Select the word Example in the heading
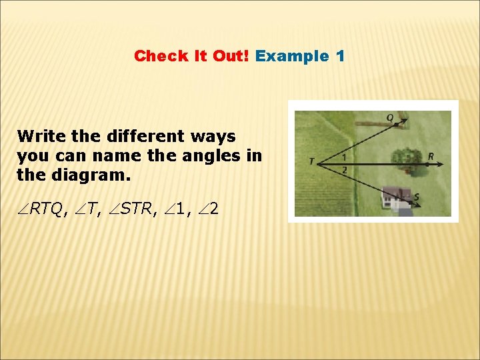pyautogui.click(x=291, y=56)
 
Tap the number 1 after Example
pyautogui.click(x=341, y=56)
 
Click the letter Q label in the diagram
pyautogui.click(x=390, y=117)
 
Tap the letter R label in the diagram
pyautogui.click(x=431, y=157)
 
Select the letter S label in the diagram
pyautogui.click(x=417, y=197)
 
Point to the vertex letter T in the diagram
pyautogui.click(x=312, y=161)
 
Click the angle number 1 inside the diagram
pyautogui.click(x=344, y=157)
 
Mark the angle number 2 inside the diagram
pyautogui.click(x=344, y=170)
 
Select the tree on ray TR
pyautogui.click(x=406, y=158)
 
